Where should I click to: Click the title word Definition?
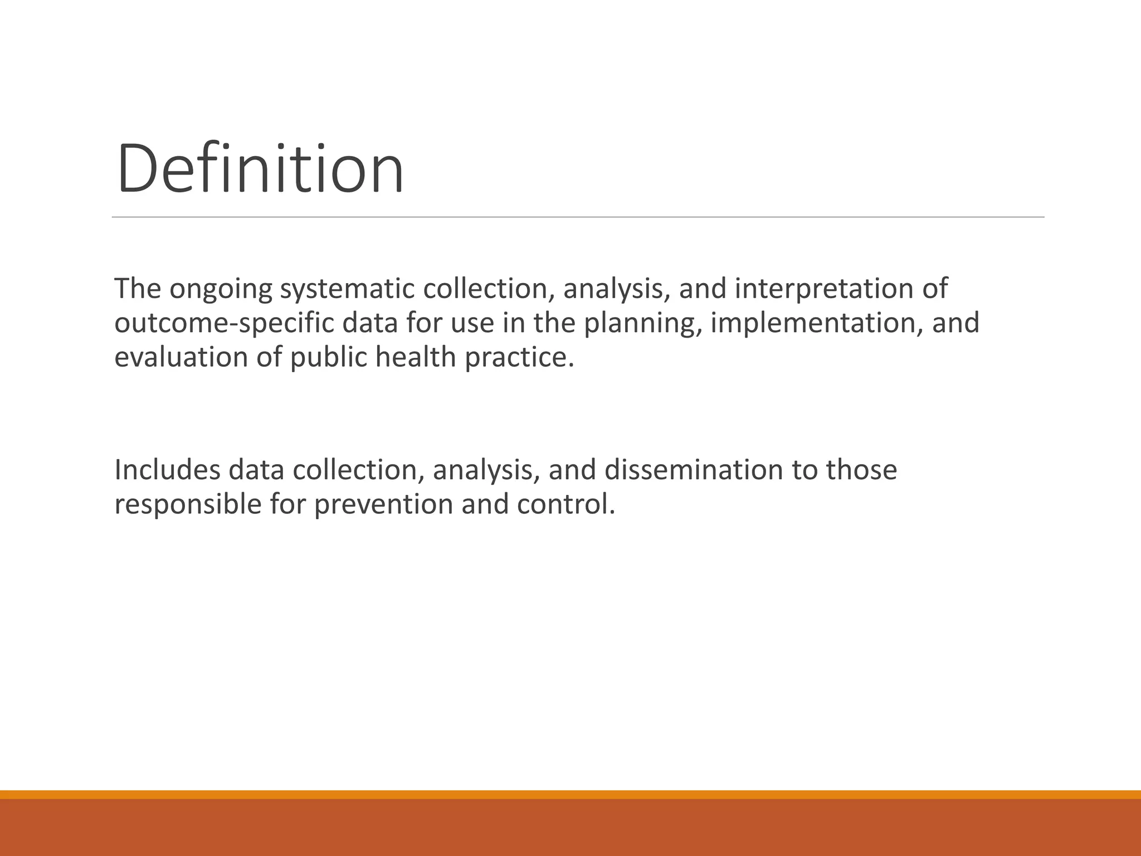tap(260, 168)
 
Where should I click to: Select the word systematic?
tap(347, 289)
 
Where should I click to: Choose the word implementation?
tap(813, 323)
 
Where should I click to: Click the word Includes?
tap(167, 470)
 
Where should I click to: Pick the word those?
tap(861, 470)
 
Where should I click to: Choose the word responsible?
tap(188, 504)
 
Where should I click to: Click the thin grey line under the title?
tap(578, 217)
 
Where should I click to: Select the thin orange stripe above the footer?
tap(570, 794)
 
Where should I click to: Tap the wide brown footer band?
tap(570, 828)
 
